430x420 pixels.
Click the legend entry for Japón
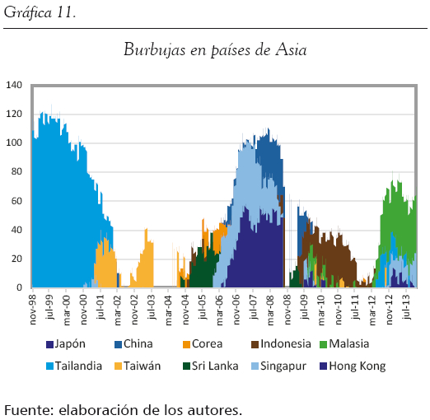point(66,344)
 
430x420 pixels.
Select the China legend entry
point(133,344)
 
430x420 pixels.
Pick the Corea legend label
point(203,344)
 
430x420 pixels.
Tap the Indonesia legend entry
point(281,344)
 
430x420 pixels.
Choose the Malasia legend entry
point(344,344)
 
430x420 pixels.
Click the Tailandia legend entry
point(74,366)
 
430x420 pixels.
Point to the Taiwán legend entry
point(138,366)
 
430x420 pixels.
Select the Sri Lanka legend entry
point(211,366)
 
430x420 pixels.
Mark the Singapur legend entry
point(278,366)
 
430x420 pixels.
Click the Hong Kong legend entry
point(353,366)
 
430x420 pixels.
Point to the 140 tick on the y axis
point(14,85)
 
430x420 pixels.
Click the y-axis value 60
point(16,201)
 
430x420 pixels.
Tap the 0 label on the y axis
point(19,287)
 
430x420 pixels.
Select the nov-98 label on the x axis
point(32,310)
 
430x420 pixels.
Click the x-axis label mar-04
point(168,310)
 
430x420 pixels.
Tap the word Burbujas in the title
point(155,50)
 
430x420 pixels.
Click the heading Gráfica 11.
point(40,12)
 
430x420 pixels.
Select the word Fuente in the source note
point(29,410)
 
